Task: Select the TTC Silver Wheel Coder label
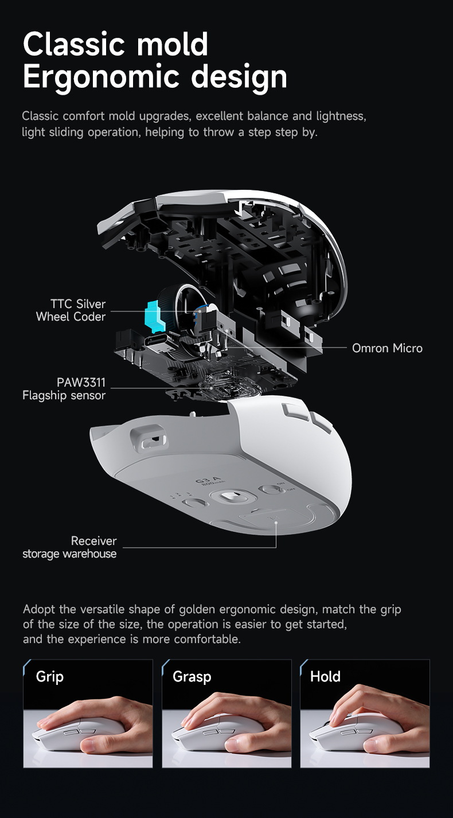click(71, 310)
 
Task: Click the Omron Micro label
click(387, 348)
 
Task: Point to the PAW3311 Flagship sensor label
click(64, 388)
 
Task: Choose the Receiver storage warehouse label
click(69, 547)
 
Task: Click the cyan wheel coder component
click(152, 316)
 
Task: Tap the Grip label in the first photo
click(50, 676)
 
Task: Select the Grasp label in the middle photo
click(192, 676)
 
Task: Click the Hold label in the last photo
click(325, 676)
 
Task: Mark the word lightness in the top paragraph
click(339, 116)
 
